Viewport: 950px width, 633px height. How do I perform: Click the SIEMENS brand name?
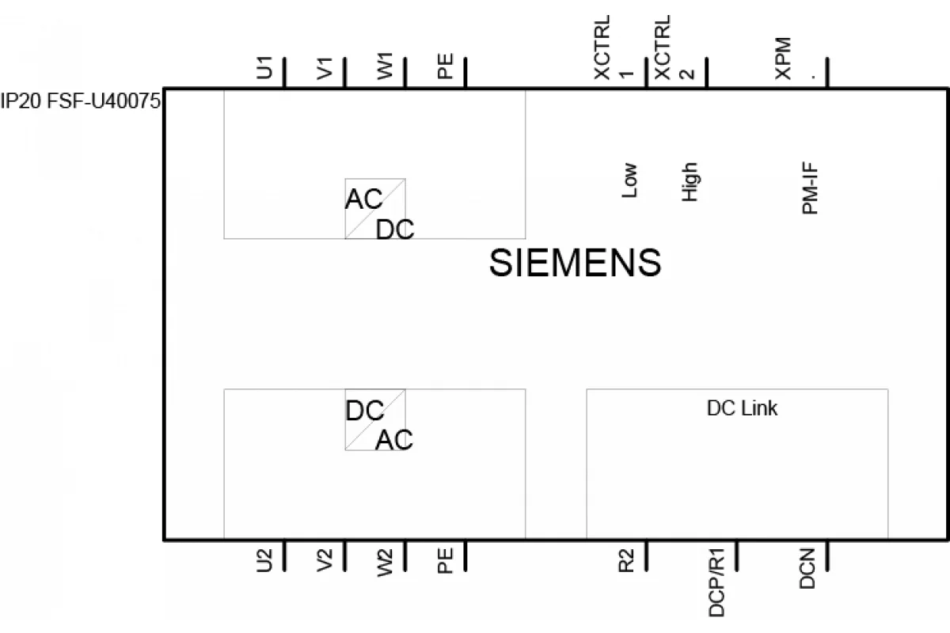point(575,263)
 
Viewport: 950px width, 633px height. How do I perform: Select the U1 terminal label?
point(264,67)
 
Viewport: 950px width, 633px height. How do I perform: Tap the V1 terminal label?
point(325,69)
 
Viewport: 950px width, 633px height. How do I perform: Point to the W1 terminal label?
point(385,66)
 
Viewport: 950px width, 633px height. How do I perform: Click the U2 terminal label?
point(264,560)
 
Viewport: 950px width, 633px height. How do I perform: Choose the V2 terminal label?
point(325,560)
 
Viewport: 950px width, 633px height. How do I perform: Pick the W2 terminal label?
point(385,563)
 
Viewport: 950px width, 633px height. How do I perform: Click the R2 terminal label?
point(626,560)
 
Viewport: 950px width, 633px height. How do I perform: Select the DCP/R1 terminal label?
point(716,582)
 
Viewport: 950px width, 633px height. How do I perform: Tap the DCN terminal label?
point(807,569)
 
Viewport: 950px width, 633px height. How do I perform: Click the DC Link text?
point(743,408)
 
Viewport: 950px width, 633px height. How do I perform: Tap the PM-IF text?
point(810,188)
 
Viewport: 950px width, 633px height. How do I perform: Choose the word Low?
point(629,180)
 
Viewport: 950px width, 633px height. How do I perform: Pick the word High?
point(690,182)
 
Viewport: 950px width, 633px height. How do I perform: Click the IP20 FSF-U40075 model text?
point(81,101)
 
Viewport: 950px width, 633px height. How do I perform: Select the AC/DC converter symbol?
point(375,209)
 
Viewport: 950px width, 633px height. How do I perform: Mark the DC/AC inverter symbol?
point(375,419)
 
